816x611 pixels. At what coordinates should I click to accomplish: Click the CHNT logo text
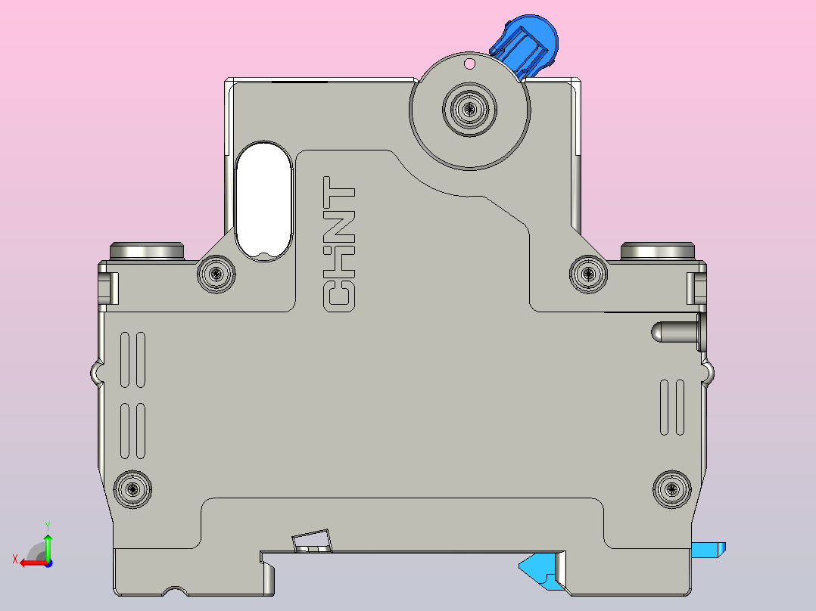click(x=338, y=245)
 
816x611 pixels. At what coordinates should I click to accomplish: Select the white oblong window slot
click(x=263, y=200)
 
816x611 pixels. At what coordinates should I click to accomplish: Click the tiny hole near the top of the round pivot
click(x=469, y=64)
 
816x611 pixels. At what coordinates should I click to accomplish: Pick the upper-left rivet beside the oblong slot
click(x=216, y=274)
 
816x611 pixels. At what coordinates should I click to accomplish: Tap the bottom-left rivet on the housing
click(x=132, y=488)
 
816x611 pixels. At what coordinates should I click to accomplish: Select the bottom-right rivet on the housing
click(x=671, y=488)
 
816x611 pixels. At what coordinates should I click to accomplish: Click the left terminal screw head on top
click(x=147, y=250)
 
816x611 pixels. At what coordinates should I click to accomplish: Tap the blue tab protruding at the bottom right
click(x=710, y=549)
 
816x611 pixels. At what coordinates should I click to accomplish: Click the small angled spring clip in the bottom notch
click(x=312, y=541)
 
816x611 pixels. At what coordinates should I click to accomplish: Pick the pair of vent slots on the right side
click(x=672, y=407)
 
